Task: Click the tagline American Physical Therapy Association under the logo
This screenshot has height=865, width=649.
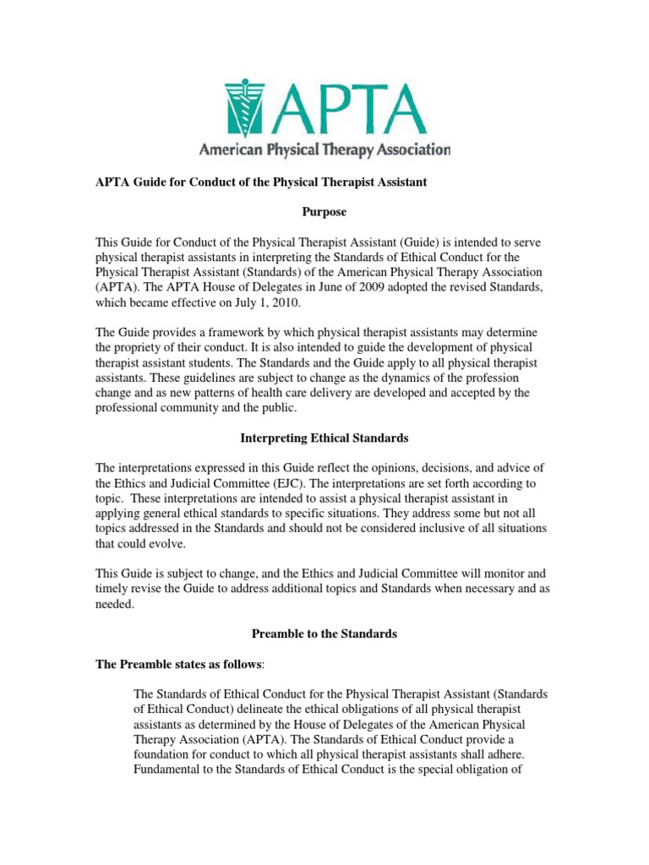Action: click(324, 151)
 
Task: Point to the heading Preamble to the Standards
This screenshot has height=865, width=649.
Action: click(324, 633)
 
